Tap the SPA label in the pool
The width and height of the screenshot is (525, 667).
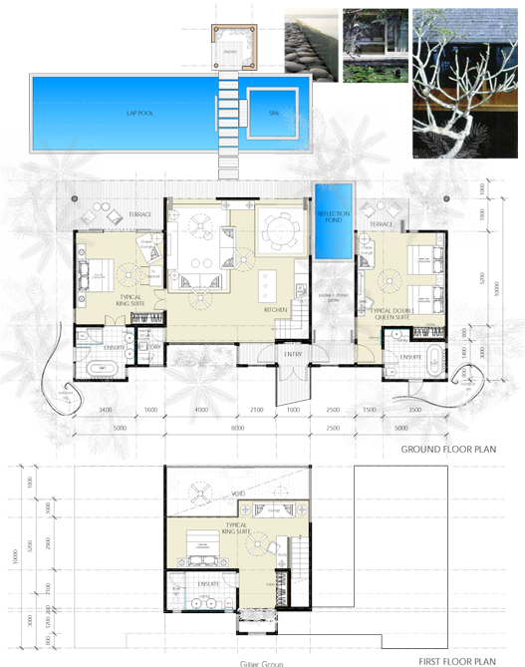[x=274, y=113]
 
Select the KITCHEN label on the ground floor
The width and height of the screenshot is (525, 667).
[x=276, y=310]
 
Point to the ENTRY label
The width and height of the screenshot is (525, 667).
[x=293, y=354]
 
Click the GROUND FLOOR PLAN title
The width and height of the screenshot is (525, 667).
[x=448, y=450]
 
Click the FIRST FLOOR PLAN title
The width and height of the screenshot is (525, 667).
[x=457, y=660]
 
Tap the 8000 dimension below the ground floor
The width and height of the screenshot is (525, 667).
[x=238, y=428]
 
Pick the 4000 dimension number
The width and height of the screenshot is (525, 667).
[x=200, y=410]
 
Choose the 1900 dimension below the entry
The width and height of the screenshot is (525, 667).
[x=293, y=410]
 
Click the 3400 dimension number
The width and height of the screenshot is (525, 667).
[x=107, y=410]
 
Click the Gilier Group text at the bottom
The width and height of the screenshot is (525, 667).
[x=262, y=663]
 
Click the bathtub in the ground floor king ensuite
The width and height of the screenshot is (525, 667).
[x=102, y=370]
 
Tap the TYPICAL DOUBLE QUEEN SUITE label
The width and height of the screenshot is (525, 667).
[x=392, y=315]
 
